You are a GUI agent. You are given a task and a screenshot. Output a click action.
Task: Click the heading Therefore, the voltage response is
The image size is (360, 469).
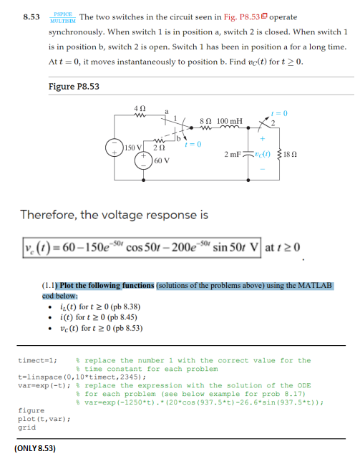coord(115,215)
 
